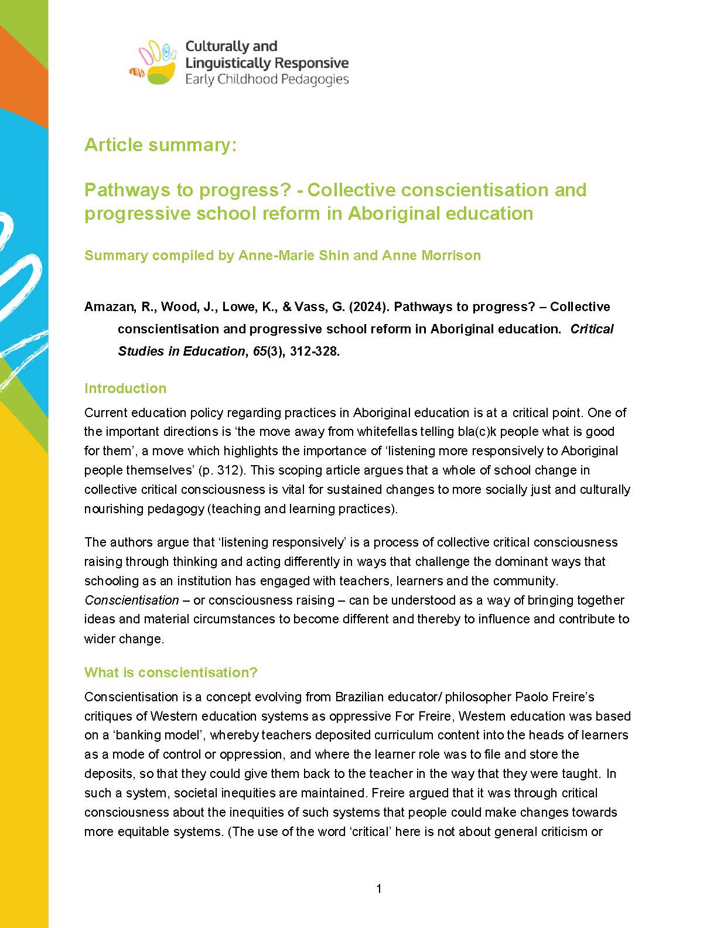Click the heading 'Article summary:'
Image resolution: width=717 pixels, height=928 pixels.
pos(161,145)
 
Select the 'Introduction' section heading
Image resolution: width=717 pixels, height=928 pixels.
pos(125,388)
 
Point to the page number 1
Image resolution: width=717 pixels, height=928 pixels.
pos(379,889)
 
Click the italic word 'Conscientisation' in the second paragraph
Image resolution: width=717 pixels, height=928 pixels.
pos(132,600)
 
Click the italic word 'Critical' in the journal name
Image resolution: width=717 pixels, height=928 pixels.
pos(592,329)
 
